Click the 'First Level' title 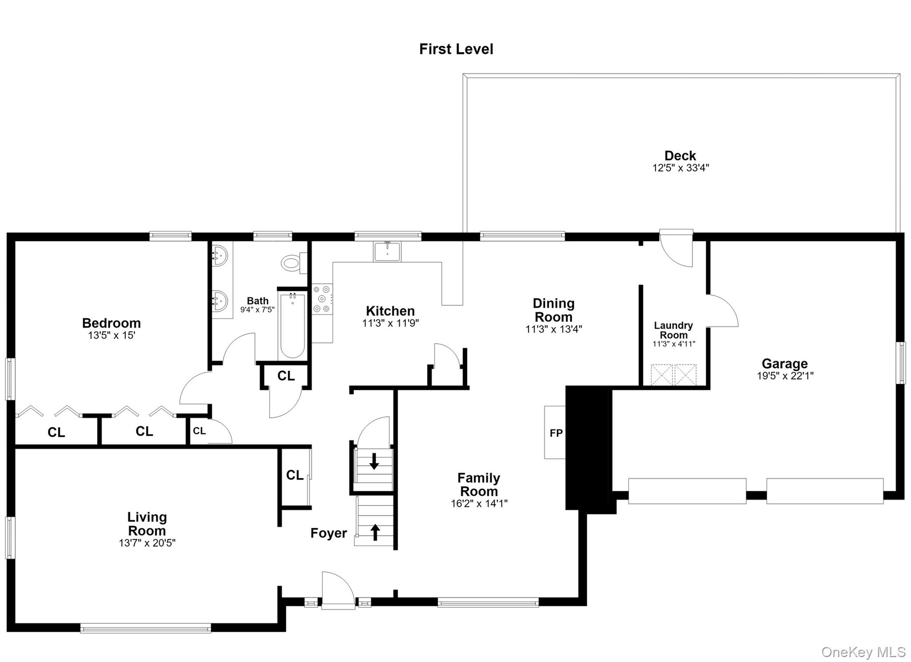click(x=456, y=49)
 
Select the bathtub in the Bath click(x=292, y=325)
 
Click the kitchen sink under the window click(x=387, y=252)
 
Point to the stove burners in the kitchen click(x=322, y=299)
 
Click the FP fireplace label click(x=556, y=433)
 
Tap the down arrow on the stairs click(x=374, y=461)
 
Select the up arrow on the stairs click(x=375, y=532)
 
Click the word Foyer click(x=329, y=533)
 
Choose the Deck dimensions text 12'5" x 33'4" click(x=681, y=168)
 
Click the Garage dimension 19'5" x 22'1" click(x=785, y=376)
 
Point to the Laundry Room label click(x=673, y=330)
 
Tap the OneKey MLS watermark click(x=863, y=652)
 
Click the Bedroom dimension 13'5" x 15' click(x=112, y=336)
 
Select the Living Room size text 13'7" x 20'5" click(x=147, y=543)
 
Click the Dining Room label click(x=554, y=310)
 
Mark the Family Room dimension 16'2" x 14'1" click(x=479, y=503)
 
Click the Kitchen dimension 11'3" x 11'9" click(x=391, y=323)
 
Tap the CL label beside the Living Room click(x=294, y=475)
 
